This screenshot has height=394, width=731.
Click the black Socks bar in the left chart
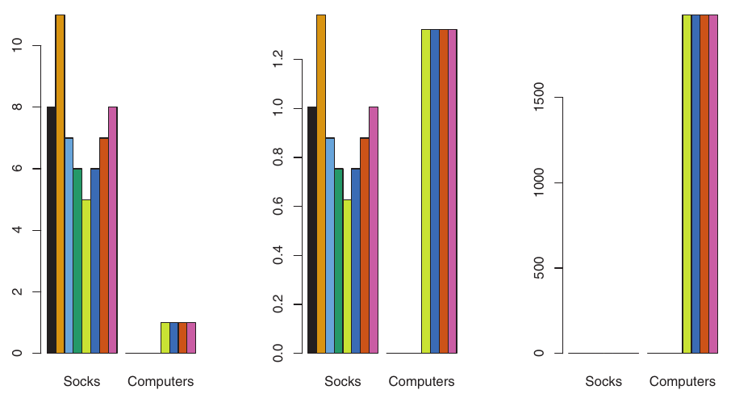(51, 230)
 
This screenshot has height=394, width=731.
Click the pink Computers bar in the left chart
(191, 337)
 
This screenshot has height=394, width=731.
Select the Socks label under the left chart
(81, 381)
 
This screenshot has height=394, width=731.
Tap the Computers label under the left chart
(161, 381)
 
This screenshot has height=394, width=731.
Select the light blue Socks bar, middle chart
(329, 245)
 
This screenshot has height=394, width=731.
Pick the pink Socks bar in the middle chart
(373, 230)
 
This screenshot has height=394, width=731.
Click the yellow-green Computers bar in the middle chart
(425, 191)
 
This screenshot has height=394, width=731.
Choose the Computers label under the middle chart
(422, 381)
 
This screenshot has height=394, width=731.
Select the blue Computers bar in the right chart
(695, 184)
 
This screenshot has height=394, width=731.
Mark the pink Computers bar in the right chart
(713, 184)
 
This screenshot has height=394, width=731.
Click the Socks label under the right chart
(604, 381)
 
